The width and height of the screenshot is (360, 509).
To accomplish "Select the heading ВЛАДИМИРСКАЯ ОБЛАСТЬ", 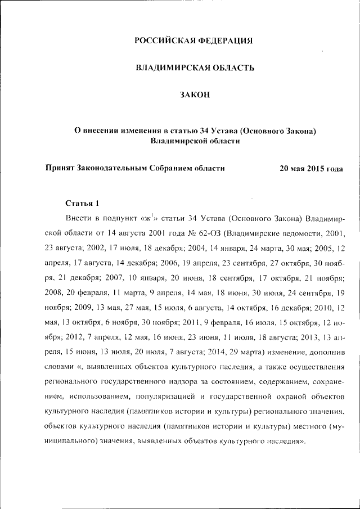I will pyautogui.click(x=195, y=68).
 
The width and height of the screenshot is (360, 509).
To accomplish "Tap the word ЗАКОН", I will pyautogui.click(x=195, y=95).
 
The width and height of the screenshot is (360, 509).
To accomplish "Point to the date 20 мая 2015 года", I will pyautogui.click(x=311, y=168).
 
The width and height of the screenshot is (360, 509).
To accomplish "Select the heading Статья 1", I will pyautogui.click(x=82, y=203).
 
